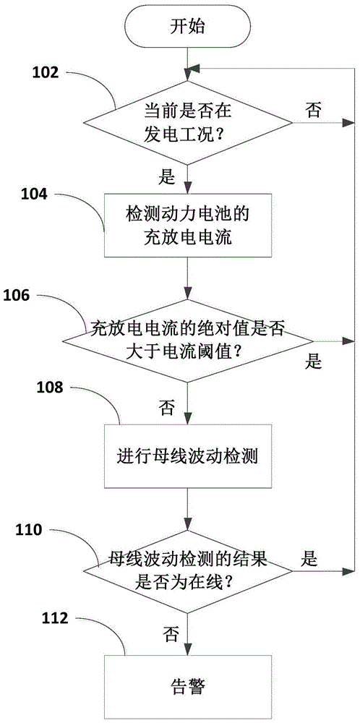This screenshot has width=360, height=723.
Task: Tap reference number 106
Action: pyautogui.click(x=19, y=294)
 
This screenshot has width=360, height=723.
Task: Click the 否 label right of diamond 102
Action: pyautogui.click(x=313, y=110)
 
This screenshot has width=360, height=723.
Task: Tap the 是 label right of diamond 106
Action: pyautogui.click(x=313, y=362)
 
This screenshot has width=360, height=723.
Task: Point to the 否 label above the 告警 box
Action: pyautogui.click(x=171, y=635)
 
